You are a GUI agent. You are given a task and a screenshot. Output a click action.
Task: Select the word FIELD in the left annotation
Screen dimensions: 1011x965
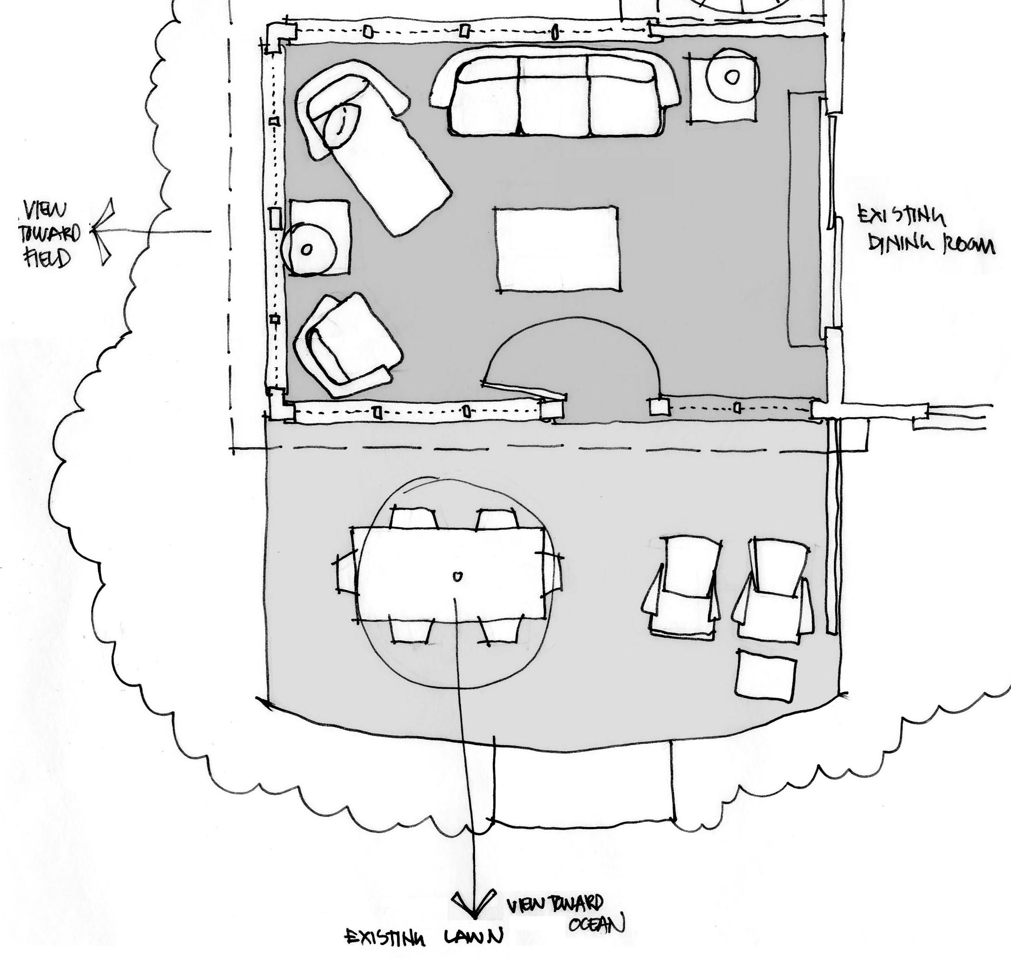coord(47,258)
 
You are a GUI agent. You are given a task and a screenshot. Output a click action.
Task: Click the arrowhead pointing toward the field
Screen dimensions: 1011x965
coord(103,231)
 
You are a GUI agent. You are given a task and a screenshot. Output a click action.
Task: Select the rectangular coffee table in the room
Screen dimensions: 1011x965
coord(557,249)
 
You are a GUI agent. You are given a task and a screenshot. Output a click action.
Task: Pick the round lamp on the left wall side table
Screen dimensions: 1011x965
coord(309,250)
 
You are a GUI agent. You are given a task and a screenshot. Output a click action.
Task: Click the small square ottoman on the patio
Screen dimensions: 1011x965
coord(766,675)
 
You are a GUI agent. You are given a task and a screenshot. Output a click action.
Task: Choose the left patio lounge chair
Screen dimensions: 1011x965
coord(682,588)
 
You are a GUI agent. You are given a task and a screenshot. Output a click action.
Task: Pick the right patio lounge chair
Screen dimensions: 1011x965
coord(773,589)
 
